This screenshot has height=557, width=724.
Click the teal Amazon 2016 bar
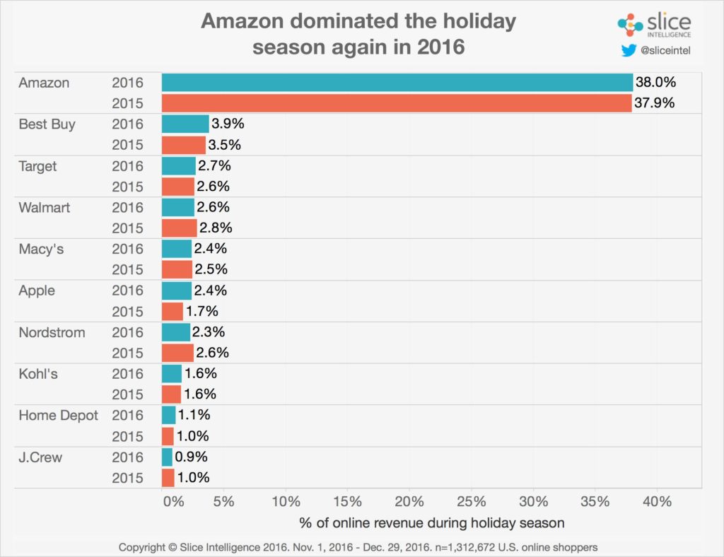pos(397,83)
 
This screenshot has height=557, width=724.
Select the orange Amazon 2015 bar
pos(396,103)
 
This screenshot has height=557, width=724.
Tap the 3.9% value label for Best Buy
pos(228,124)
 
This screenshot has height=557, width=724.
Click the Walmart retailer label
pos(45,208)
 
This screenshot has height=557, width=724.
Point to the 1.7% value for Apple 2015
pos(202,312)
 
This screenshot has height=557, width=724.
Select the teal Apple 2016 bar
pos(177,291)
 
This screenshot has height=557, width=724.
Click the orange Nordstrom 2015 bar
pos(177,353)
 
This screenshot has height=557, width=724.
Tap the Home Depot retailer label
pos(59,416)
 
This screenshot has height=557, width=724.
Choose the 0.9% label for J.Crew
pos(192,457)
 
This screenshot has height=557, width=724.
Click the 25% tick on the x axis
pos(471,502)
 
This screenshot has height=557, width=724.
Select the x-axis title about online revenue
pos(432,524)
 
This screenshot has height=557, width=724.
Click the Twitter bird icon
pos(629,51)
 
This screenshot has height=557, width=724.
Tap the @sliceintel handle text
pos(666,51)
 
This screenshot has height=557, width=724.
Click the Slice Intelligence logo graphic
pos(630,25)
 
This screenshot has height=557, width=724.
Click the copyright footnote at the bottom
pos(358,547)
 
